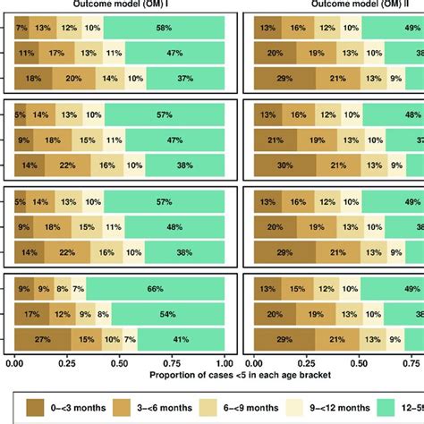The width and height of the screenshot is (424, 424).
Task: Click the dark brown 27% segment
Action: pyautogui.click(x=42, y=340)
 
